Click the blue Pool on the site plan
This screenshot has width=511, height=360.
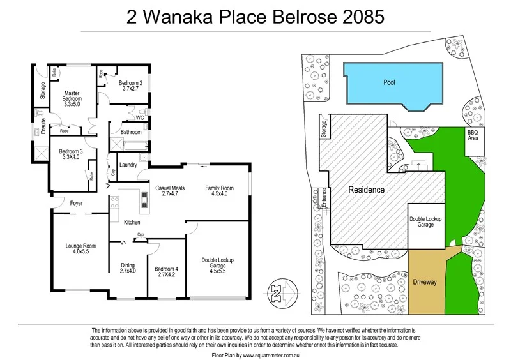(391, 84)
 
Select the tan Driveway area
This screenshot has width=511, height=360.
(425, 281)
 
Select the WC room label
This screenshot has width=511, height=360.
(140, 117)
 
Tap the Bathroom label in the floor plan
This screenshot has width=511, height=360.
(132, 132)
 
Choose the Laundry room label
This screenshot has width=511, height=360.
(128, 165)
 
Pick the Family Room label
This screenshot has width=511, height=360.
(219, 188)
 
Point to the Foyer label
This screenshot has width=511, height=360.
(77, 204)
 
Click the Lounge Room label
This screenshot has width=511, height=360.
(80, 246)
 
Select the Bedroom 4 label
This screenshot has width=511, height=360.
(166, 269)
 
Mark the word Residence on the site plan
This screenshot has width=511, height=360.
(366, 190)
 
